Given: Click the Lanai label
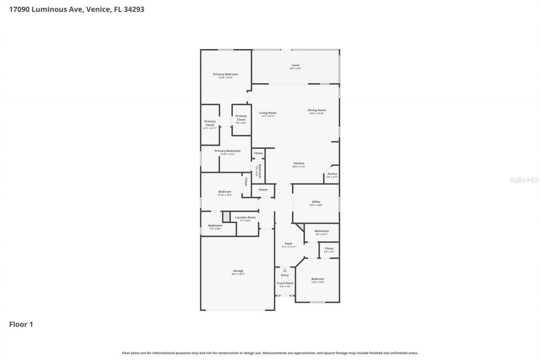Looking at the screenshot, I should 295,65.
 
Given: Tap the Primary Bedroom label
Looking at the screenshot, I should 225,74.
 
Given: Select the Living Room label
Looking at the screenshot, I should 267,113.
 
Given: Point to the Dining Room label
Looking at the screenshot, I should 316,110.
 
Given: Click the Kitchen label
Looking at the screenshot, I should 299,163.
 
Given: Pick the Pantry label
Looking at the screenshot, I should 332,174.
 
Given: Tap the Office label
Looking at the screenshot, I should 316,202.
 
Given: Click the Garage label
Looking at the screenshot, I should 238,271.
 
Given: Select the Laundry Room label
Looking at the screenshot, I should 246,217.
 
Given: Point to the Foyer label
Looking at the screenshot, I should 289,244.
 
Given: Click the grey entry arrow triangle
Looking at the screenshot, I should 285,270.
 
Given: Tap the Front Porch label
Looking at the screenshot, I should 285,283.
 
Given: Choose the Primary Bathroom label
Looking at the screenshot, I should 227,151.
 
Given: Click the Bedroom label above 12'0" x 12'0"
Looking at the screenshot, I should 318,279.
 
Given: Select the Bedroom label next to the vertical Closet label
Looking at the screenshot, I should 224,192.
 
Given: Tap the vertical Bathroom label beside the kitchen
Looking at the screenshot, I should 259,171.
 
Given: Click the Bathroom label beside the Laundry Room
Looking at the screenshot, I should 215,225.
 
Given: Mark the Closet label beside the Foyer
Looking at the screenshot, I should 329,249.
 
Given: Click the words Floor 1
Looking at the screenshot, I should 21,324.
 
